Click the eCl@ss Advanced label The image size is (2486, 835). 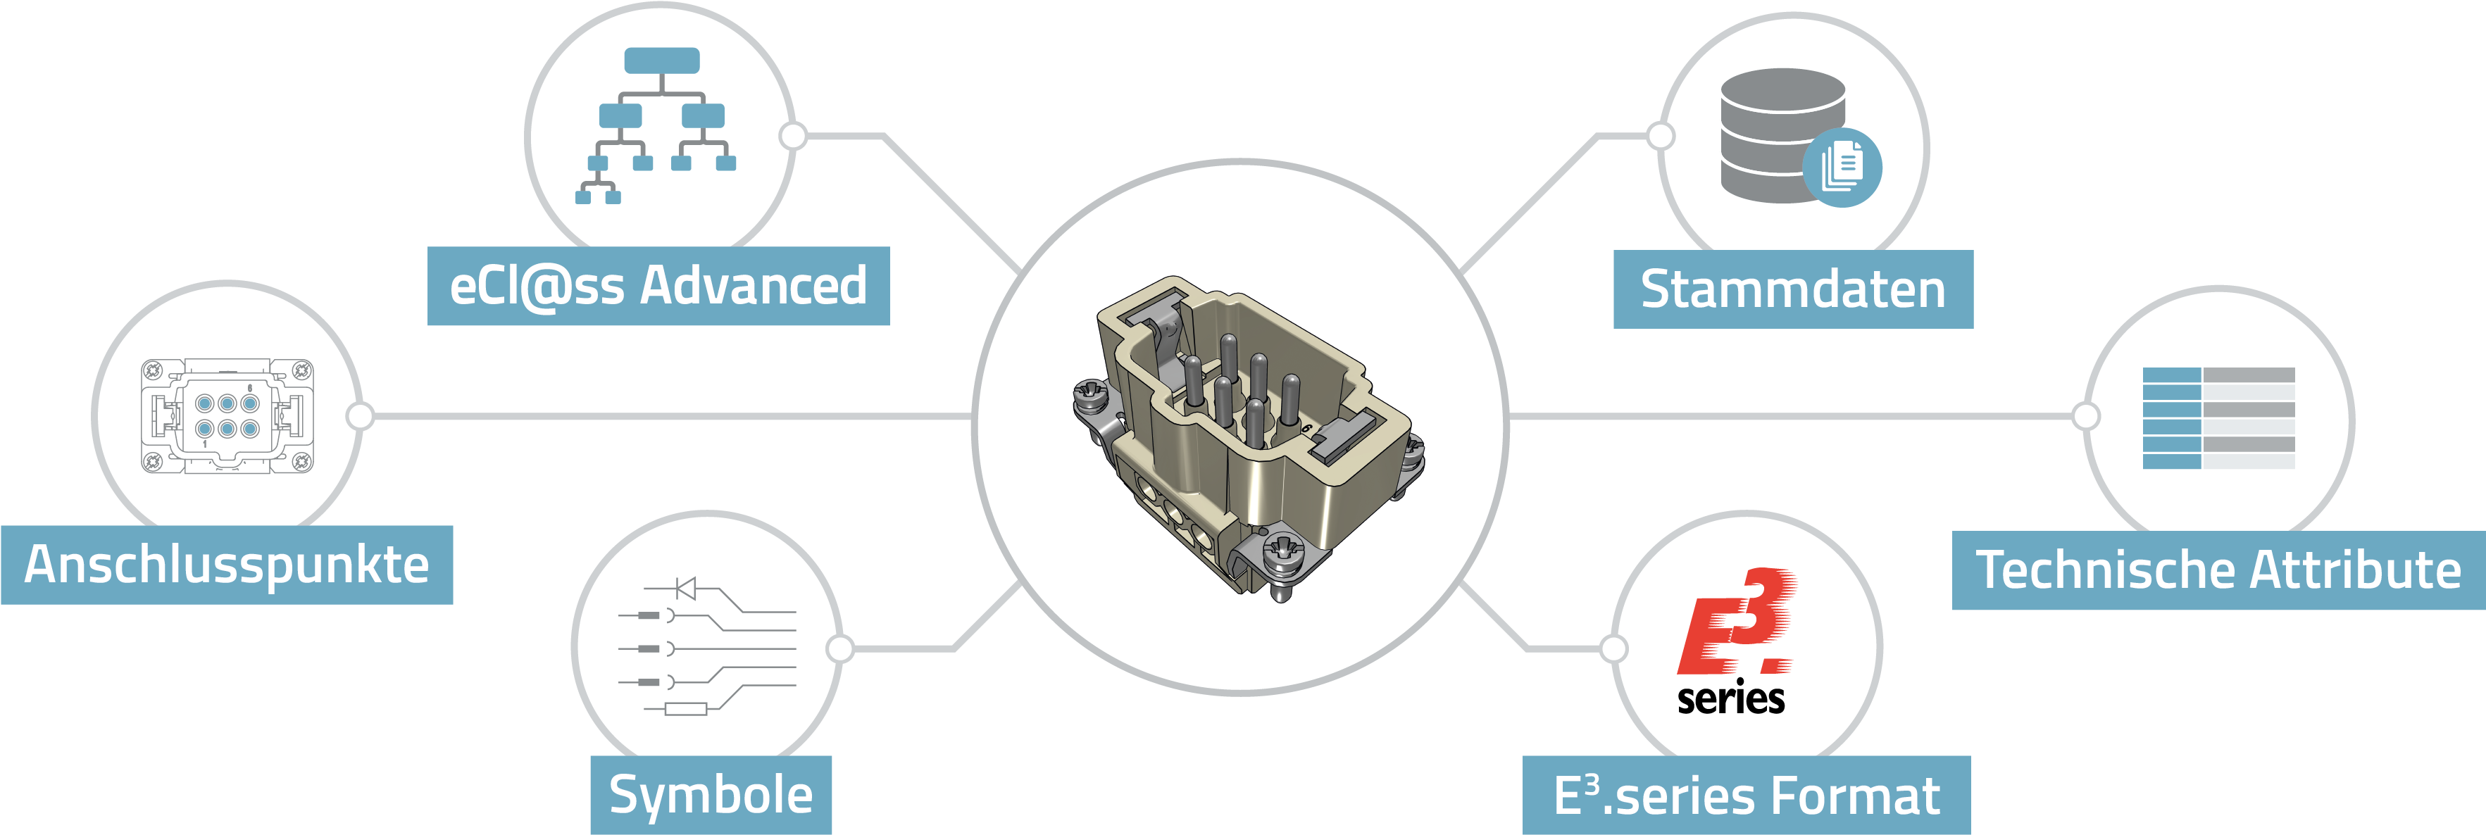point(658,286)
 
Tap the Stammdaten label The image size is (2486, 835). point(1793,289)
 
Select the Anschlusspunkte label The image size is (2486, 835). point(227,565)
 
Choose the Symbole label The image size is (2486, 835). point(711,794)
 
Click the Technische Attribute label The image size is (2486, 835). point(2218,570)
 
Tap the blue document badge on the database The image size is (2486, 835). point(1842,167)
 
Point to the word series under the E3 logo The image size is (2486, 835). point(1731,697)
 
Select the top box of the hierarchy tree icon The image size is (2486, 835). point(662,61)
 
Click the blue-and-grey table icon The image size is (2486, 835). point(2218,418)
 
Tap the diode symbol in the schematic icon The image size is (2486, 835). point(686,588)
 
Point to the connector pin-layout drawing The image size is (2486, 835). point(227,416)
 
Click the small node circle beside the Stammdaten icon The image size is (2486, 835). point(1661,136)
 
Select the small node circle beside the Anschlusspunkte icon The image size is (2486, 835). point(360,416)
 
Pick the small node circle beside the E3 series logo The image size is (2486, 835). point(1613,648)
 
